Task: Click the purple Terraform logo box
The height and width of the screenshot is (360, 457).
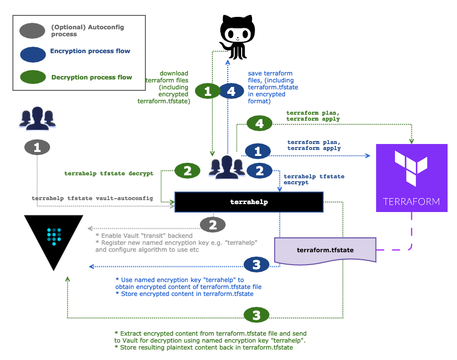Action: tap(411, 178)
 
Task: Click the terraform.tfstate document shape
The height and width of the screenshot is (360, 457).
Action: tap(325, 250)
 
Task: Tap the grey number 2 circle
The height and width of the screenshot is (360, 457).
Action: tap(212, 225)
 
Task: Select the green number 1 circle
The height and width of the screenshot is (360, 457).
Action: tap(207, 91)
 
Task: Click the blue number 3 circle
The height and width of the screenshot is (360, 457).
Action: tap(256, 265)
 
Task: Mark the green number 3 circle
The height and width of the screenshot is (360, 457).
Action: tap(256, 315)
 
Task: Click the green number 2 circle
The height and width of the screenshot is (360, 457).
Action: tap(187, 171)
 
